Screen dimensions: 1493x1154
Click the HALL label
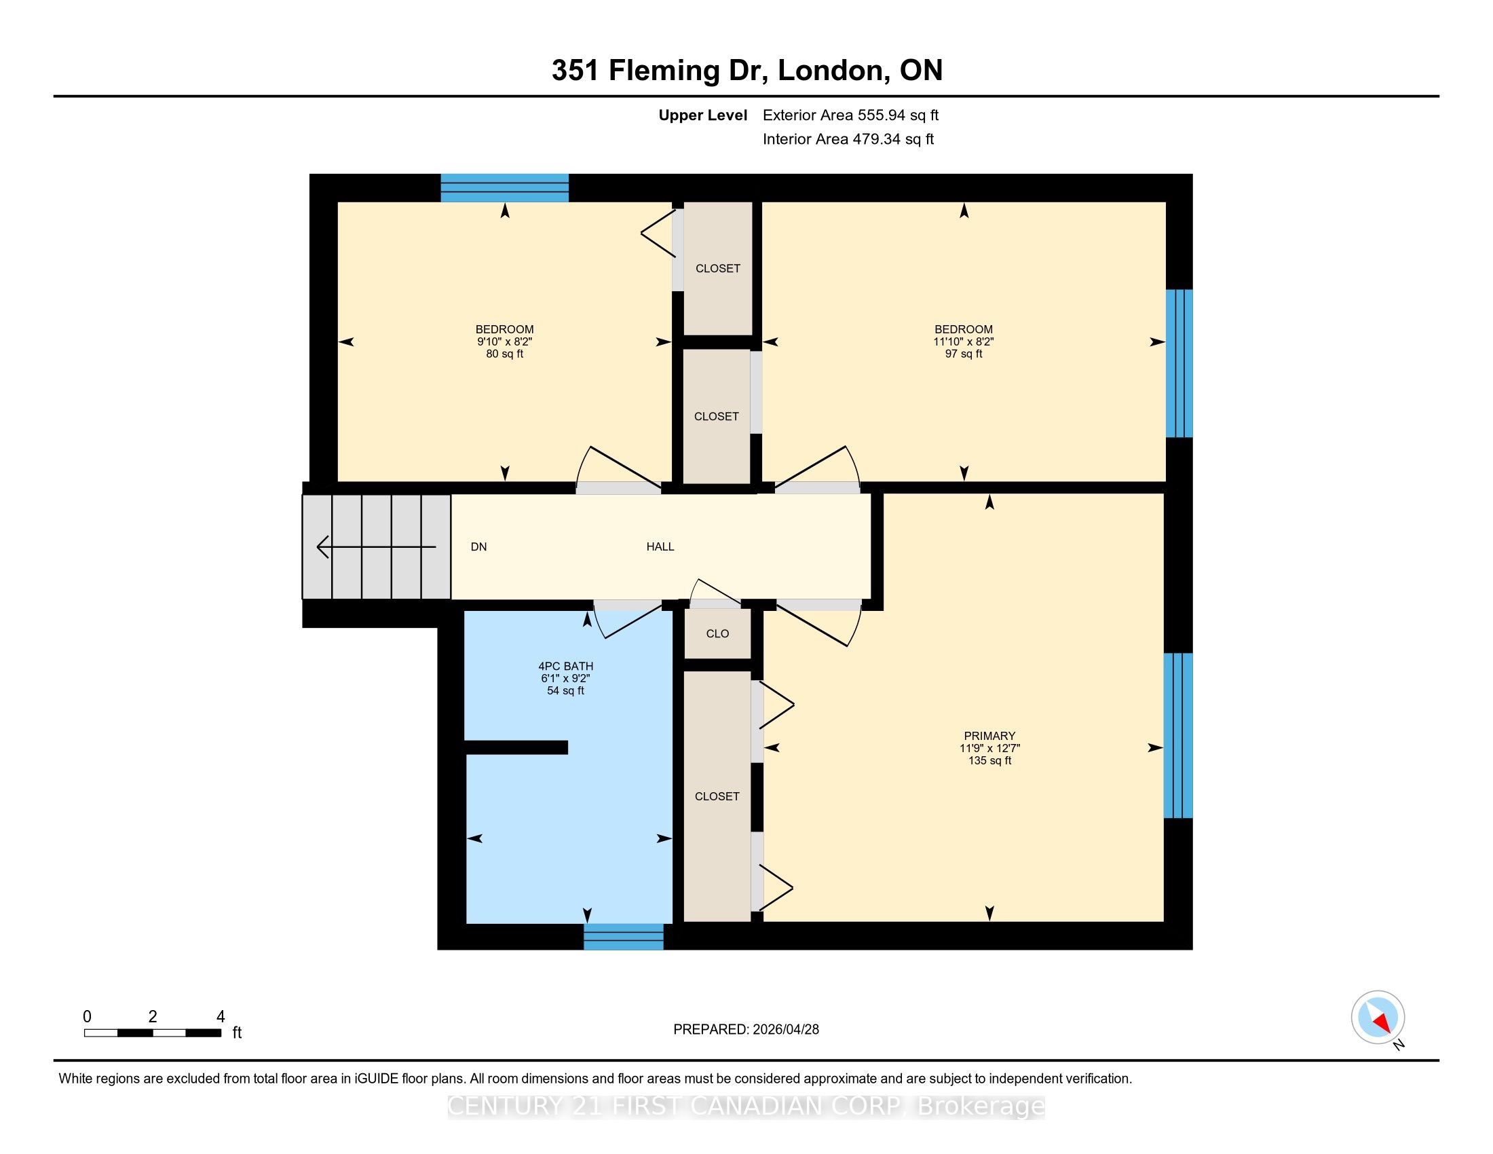660,546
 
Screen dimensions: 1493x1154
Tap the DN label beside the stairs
478,546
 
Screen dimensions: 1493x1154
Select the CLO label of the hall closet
717,634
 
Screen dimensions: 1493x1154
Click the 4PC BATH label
565,666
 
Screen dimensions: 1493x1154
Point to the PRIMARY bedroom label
989,737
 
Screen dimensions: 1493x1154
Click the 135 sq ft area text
989,760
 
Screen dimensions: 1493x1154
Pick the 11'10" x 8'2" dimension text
963,342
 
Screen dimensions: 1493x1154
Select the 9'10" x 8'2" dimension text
504,342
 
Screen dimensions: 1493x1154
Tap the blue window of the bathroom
624,937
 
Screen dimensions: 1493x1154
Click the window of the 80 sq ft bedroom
504,188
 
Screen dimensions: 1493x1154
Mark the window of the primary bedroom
1178,736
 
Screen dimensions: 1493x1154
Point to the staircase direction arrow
376,547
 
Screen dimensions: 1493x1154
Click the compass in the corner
1378,1017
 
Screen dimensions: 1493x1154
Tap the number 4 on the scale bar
220,1017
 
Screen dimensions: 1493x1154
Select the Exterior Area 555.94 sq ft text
850,115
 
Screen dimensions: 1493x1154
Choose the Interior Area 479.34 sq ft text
848,138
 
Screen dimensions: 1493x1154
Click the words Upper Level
703,115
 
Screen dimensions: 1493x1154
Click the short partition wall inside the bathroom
516,747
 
